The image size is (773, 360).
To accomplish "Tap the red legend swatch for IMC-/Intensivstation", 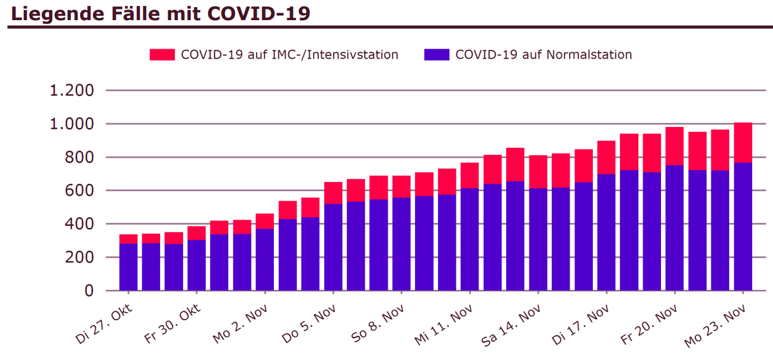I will [x=162, y=55].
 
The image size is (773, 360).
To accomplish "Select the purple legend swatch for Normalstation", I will [x=436, y=55].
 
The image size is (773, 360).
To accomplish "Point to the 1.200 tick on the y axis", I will [x=72, y=91].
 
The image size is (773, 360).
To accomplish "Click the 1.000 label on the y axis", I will [x=72, y=124].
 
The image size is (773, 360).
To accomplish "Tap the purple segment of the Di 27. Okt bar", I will [x=128, y=267].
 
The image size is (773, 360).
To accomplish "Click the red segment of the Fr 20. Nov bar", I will [x=675, y=146].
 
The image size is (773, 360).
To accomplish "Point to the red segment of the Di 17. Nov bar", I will [x=606, y=157].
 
